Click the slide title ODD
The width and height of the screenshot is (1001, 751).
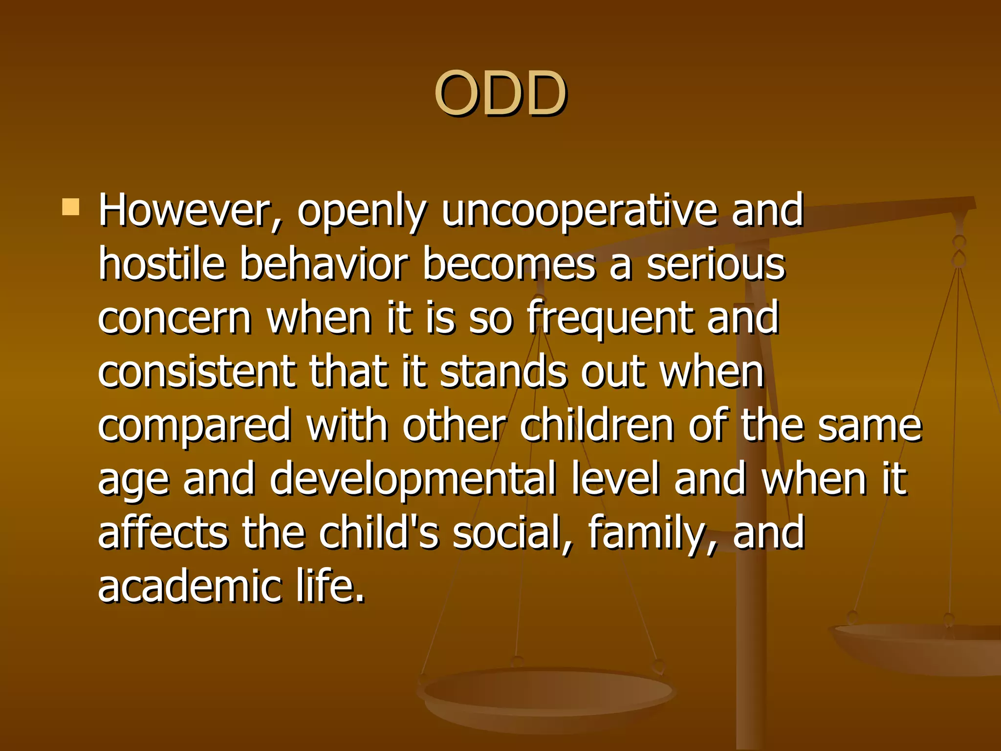(x=500, y=93)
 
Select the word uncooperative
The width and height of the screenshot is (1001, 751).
(x=579, y=210)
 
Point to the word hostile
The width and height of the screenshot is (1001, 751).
(x=161, y=264)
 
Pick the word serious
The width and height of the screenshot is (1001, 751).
(x=716, y=264)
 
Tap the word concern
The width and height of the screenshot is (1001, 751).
(x=174, y=318)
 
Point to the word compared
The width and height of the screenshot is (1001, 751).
(x=195, y=426)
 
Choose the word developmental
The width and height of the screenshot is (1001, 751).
(x=413, y=480)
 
